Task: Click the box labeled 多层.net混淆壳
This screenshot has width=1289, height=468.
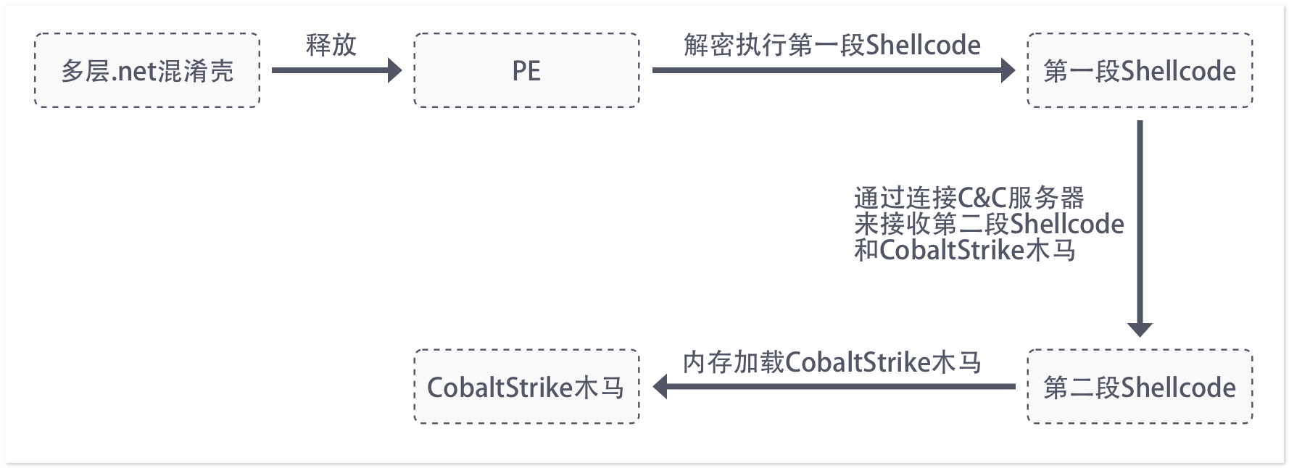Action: click(x=147, y=71)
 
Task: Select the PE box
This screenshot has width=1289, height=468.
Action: click(x=526, y=71)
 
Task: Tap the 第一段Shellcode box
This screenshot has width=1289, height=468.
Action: click(x=1140, y=71)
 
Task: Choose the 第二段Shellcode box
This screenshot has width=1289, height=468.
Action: click(x=1140, y=388)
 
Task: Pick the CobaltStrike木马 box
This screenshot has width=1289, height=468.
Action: click(x=526, y=388)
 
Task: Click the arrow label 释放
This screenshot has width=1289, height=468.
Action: click(x=331, y=45)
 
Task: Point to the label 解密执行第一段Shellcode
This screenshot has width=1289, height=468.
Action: click(x=832, y=45)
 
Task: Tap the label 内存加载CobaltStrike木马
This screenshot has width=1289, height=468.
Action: click(x=832, y=362)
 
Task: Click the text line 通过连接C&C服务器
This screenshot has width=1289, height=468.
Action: click(x=969, y=198)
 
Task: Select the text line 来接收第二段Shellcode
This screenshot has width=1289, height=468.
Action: click(x=989, y=224)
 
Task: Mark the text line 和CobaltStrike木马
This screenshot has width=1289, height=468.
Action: click(x=964, y=250)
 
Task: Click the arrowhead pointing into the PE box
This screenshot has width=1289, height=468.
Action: click(x=394, y=71)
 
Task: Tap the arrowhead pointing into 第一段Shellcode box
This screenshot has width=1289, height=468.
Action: click(x=1008, y=71)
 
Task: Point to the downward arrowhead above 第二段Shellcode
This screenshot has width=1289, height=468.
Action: click(x=1140, y=329)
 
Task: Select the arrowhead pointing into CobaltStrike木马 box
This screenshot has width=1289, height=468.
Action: click(x=660, y=387)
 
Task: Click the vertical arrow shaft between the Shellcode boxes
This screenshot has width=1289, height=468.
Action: click(x=1140, y=217)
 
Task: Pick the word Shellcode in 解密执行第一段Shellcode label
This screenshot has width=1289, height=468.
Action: click(x=923, y=45)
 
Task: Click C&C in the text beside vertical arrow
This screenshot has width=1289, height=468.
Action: click(x=982, y=198)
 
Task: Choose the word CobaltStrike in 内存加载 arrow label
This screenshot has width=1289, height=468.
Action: click(x=858, y=362)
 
